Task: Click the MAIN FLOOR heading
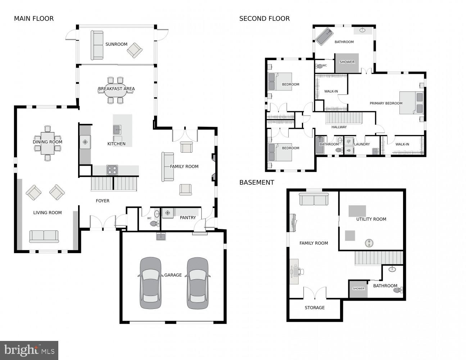[34, 19]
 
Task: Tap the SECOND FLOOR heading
[264, 19]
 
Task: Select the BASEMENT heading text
[257, 183]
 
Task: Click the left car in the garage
[150, 283]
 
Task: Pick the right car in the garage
[198, 283]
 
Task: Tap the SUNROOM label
[116, 44]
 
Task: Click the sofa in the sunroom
[97, 45]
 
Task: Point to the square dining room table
[47, 143]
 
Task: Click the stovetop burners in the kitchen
[112, 170]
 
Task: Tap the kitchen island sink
[117, 129]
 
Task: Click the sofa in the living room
[44, 236]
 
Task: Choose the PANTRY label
[188, 217]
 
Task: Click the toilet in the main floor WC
[154, 224]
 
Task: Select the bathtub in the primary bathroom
[325, 36]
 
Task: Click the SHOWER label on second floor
[347, 62]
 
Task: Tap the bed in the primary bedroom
[411, 103]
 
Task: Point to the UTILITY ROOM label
[371, 219]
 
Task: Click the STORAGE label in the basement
[315, 308]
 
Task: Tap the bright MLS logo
[29, 350]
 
